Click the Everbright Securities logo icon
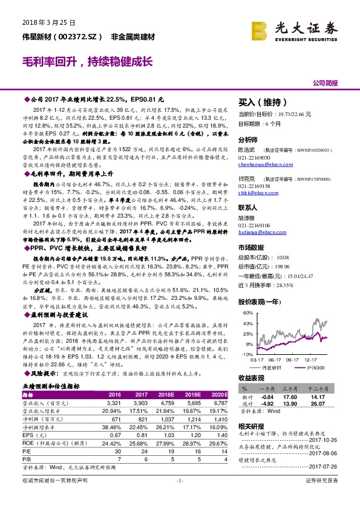tap(260, 29)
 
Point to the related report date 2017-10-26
tap(327, 440)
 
